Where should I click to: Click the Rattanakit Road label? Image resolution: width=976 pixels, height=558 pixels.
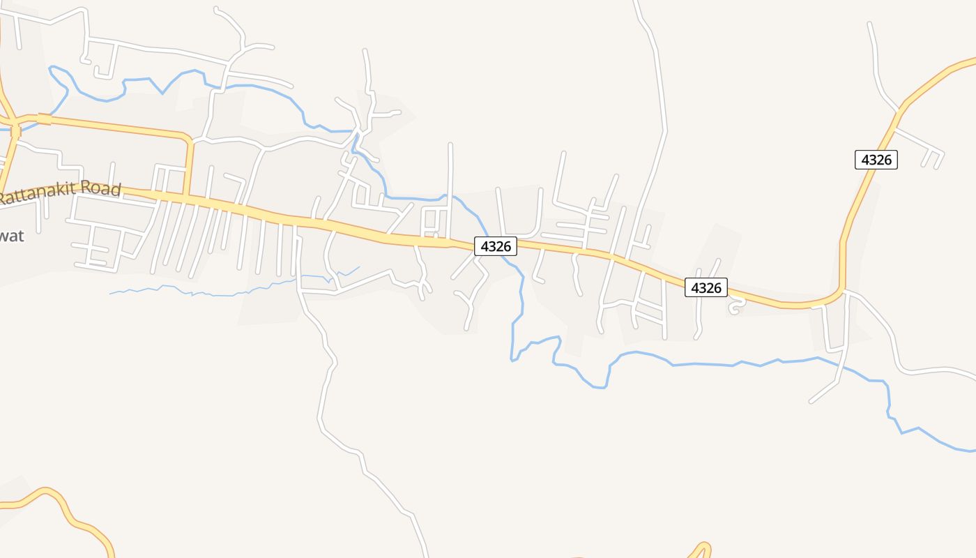click(x=61, y=193)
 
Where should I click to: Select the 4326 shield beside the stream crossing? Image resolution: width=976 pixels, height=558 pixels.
click(x=496, y=246)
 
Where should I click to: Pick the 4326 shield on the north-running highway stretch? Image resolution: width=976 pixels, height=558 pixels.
click(x=876, y=160)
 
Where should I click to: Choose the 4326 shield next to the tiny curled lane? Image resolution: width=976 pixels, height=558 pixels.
click(x=706, y=287)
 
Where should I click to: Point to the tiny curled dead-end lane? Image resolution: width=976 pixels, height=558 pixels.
click(x=734, y=306)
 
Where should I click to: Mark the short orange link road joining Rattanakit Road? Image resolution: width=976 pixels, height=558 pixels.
click(x=188, y=167)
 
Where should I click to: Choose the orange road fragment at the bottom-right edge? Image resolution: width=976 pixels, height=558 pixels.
click(x=701, y=549)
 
